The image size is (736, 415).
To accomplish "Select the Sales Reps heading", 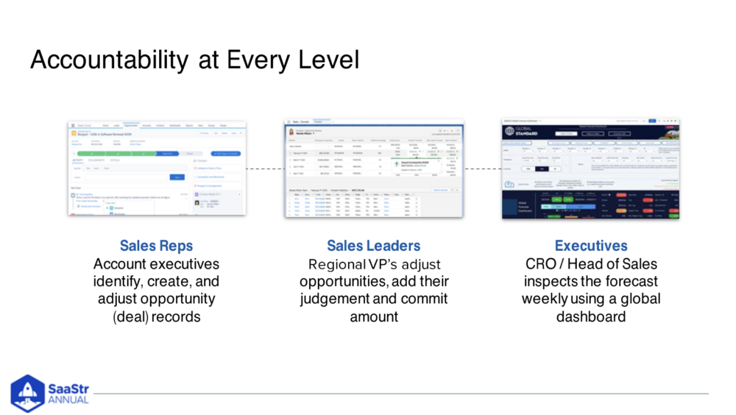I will (x=157, y=246).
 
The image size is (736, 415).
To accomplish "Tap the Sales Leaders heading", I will (x=374, y=246).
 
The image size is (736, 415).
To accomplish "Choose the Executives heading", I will (x=591, y=246).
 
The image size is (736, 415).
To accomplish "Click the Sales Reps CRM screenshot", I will (x=156, y=168).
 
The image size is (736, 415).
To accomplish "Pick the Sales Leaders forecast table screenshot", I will (x=374, y=168).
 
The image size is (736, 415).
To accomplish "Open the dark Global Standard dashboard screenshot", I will (x=590, y=168).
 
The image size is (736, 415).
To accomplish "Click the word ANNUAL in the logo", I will (x=68, y=400).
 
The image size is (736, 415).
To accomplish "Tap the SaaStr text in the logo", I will (x=68, y=388).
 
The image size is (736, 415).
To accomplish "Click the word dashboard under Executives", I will (x=591, y=317).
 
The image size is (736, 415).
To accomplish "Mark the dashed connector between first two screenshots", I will (x=265, y=169).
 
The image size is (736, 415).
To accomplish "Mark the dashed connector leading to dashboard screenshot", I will (x=483, y=169).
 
